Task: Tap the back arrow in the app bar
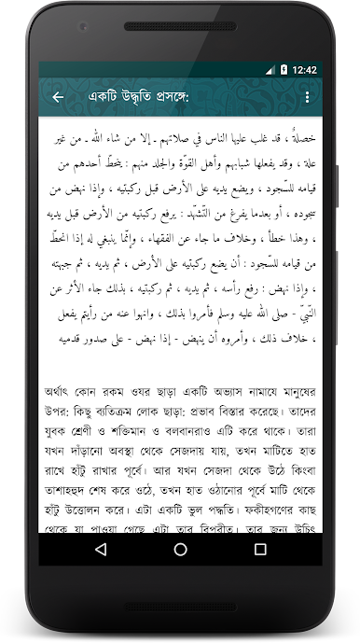58,97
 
